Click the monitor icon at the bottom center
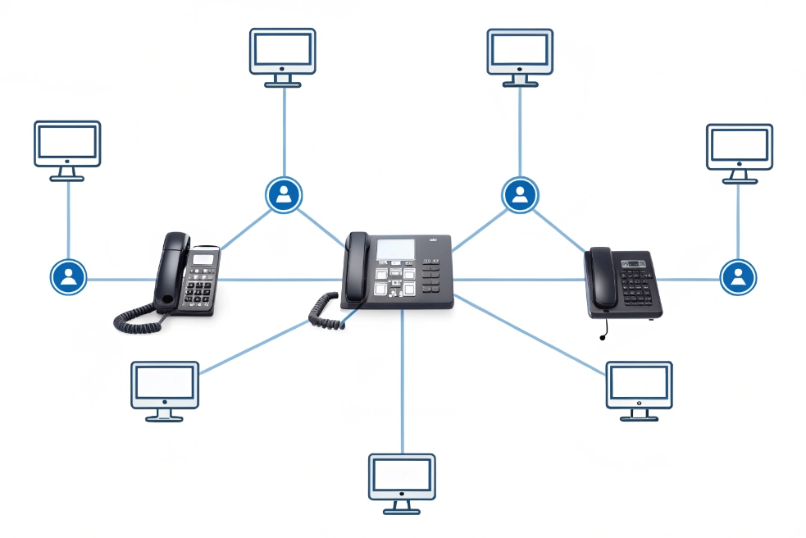tap(401, 479)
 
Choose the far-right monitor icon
tap(739, 148)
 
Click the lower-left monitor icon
tap(165, 386)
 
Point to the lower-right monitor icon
tap(639, 386)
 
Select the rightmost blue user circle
tap(738, 276)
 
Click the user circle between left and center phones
tap(284, 194)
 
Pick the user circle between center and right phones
tap(519, 195)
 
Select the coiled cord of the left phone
tap(134, 319)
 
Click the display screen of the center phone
tap(395, 248)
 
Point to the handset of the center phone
tap(356, 266)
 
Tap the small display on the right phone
tap(634, 264)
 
